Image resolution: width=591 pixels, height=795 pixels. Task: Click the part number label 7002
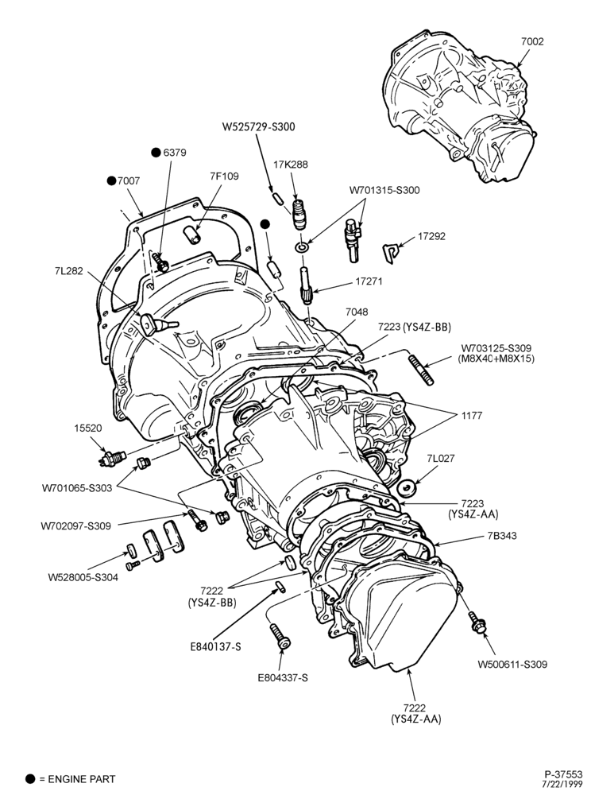tap(532, 41)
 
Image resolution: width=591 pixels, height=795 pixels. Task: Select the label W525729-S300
tap(258, 126)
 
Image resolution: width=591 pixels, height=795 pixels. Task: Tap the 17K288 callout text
tap(291, 165)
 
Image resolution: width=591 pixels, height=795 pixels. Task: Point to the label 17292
tap(431, 236)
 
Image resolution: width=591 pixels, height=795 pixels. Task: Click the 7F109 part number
tap(224, 176)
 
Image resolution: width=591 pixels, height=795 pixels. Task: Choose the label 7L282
tap(68, 271)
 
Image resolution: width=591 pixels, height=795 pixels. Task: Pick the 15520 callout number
tap(87, 428)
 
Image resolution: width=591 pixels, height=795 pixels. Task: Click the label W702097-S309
tap(76, 525)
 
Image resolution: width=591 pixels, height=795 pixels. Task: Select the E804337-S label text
tap(283, 678)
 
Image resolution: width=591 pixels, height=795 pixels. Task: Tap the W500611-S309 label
tap(512, 664)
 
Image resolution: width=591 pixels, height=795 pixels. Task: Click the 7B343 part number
tap(502, 535)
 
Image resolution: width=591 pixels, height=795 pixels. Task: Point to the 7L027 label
tap(441, 459)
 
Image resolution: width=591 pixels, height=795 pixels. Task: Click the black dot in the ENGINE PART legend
tap(30, 779)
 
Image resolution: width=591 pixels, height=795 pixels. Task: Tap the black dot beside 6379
tap(156, 152)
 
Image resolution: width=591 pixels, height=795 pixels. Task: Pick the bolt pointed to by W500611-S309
tap(476, 622)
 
